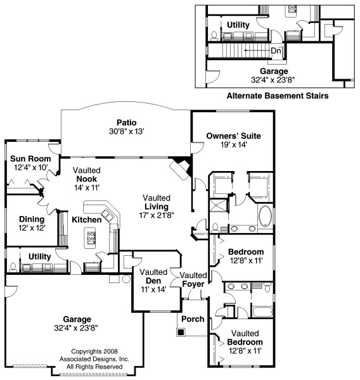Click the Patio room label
[x=127, y=122]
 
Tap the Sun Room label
[x=30, y=159]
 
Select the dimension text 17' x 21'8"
[x=157, y=215]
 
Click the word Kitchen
[x=87, y=220]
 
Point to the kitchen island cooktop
[x=91, y=237]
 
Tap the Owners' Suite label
[x=234, y=136]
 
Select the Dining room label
[x=32, y=219]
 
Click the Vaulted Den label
[x=153, y=276]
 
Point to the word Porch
[x=193, y=319]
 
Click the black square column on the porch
[x=181, y=332]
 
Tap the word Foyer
[x=193, y=284]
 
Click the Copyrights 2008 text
[x=94, y=351]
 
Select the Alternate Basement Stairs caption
[x=278, y=96]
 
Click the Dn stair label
[x=276, y=51]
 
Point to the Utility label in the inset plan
[x=238, y=25]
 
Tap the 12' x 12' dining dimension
[x=32, y=228]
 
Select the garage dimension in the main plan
[x=76, y=328]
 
